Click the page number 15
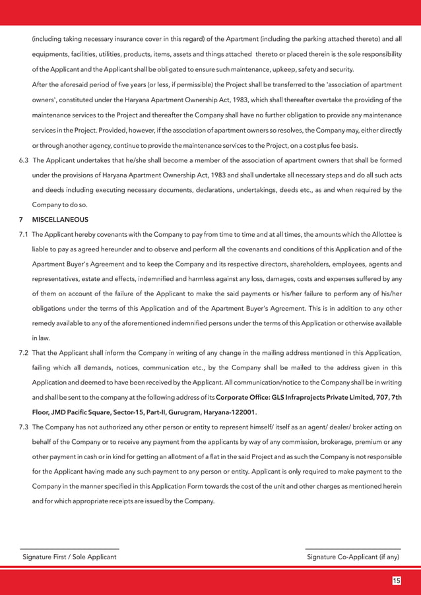pyautogui.click(x=396, y=580)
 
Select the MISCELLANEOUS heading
pyautogui.click(x=60, y=219)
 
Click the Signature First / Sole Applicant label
pyautogui.click(x=69, y=557)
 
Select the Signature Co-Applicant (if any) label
pyautogui.click(x=353, y=557)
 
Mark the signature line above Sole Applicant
pyautogui.click(x=69, y=549)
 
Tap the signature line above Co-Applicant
pyautogui.click(x=353, y=549)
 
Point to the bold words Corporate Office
pyautogui.click(x=242, y=397)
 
